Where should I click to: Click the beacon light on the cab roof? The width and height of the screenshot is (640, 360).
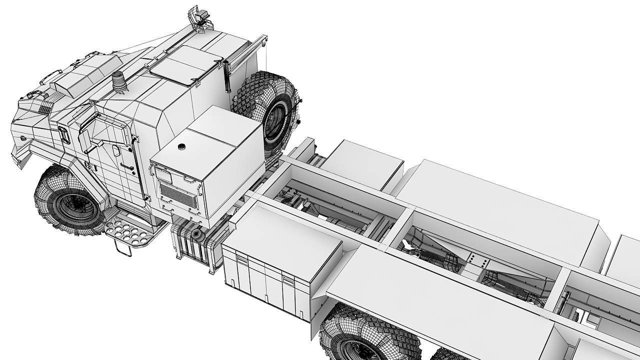pyautogui.click(x=119, y=81)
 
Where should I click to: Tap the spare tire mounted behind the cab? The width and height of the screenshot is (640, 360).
pyautogui.click(x=268, y=113)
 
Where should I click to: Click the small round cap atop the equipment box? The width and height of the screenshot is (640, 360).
pyautogui.click(x=182, y=146)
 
